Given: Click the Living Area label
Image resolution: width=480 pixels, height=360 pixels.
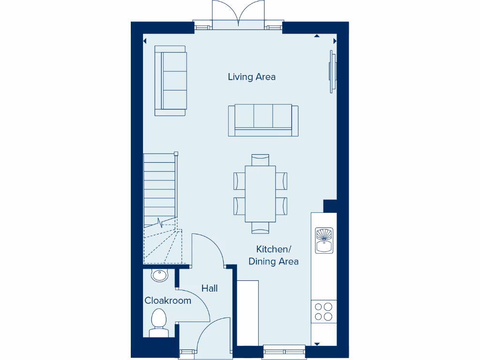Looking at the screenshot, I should click(x=252, y=77).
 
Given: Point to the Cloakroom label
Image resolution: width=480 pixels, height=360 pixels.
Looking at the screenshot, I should click(x=168, y=301).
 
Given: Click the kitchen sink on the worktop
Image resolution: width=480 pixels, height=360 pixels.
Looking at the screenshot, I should click(x=323, y=240).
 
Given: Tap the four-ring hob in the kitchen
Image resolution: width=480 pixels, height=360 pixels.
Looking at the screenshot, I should click(x=323, y=312).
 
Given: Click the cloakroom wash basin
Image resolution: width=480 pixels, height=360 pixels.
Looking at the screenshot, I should click(x=159, y=276).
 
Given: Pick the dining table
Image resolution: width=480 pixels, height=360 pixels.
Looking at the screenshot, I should click(x=260, y=194).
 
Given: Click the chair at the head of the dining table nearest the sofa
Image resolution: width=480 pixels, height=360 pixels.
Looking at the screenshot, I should click(x=260, y=159).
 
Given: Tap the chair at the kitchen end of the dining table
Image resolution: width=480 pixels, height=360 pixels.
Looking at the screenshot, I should click(x=260, y=228).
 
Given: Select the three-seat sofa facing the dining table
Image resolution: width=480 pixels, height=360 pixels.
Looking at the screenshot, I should click(x=263, y=120).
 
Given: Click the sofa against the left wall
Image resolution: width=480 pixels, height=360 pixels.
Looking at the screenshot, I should click(x=171, y=81).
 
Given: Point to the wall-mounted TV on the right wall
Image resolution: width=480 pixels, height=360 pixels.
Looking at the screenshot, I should click(x=332, y=72).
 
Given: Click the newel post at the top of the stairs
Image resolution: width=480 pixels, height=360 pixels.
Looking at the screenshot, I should click(x=176, y=153).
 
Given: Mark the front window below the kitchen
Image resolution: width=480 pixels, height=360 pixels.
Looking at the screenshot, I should click(x=284, y=351).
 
